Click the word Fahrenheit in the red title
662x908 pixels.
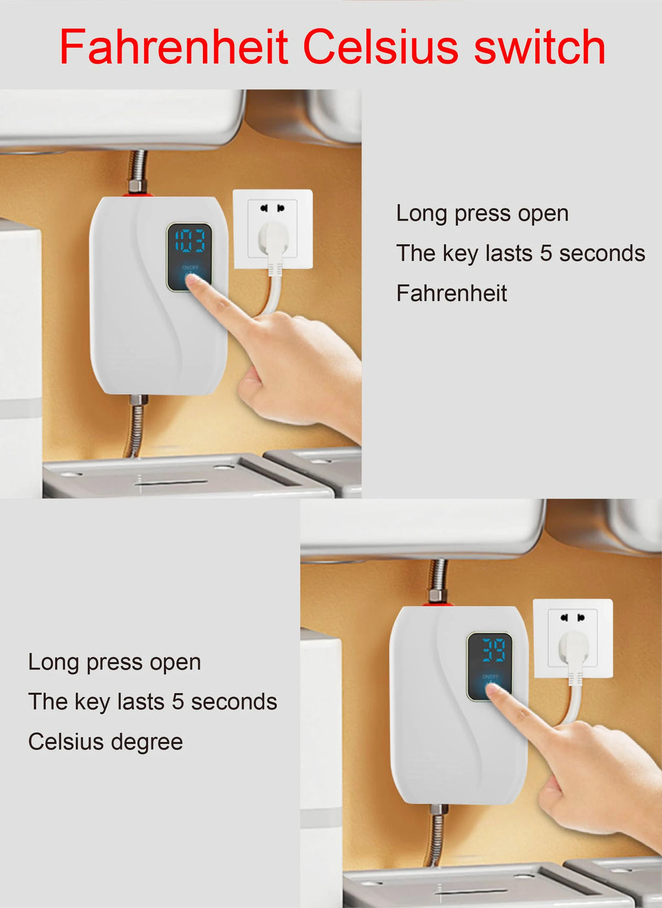(173, 47)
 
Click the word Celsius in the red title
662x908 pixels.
(381, 47)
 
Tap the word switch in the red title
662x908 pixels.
(539, 47)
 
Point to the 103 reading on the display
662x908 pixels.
(189, 241)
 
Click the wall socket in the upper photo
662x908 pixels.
(272, 229)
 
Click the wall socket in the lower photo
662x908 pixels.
(573, 638)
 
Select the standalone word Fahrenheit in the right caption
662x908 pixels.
(451, 294)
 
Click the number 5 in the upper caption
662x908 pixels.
(546, 254)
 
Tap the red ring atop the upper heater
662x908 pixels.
(139, 194)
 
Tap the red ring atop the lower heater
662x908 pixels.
(438, 604)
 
